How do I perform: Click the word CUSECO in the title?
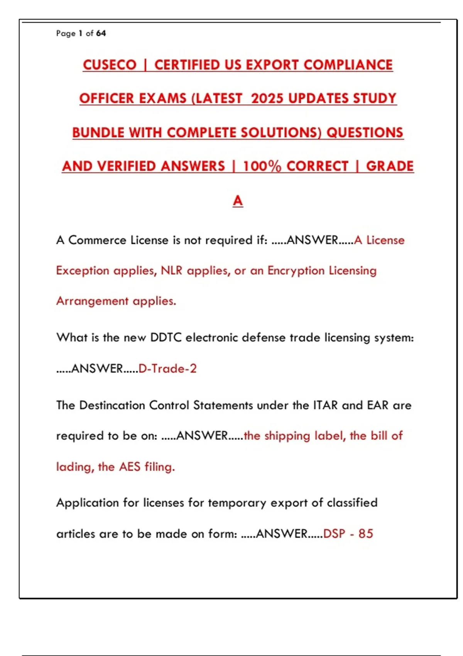110,65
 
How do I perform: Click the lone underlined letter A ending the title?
238,200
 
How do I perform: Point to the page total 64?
101,34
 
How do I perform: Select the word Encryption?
296,271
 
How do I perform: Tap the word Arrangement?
92,301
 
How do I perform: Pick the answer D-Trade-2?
167,369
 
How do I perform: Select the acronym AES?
129,467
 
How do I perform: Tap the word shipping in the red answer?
287,436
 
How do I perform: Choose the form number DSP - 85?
348,534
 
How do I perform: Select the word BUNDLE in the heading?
98,133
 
